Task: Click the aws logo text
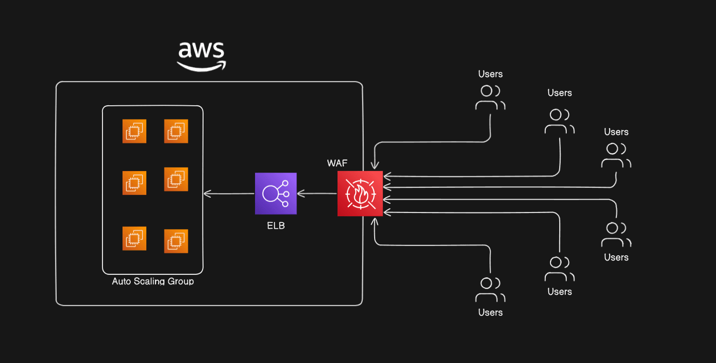201,50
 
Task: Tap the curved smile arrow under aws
201,66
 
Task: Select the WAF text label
337,163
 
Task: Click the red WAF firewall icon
360,193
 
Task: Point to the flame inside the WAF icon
360,194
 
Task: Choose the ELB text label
276,226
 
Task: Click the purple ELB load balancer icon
276,193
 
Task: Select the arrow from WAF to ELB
317,193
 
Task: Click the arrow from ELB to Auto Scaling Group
229,193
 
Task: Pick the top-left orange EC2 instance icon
134,131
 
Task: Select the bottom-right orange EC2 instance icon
176,241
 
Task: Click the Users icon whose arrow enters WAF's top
490,97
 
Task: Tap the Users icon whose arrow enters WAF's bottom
490,290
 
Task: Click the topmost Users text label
490,74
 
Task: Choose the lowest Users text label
490,313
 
